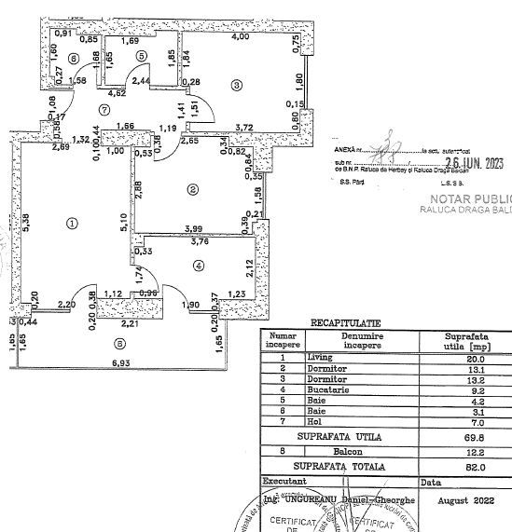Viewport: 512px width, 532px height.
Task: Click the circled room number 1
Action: point(72,224)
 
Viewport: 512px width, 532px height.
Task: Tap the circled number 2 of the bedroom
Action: point(193,190)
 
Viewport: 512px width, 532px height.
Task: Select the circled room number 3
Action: point(237,86)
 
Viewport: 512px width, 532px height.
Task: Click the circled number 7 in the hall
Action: point(118,109)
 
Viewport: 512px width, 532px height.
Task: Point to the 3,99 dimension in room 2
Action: point(194,228)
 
